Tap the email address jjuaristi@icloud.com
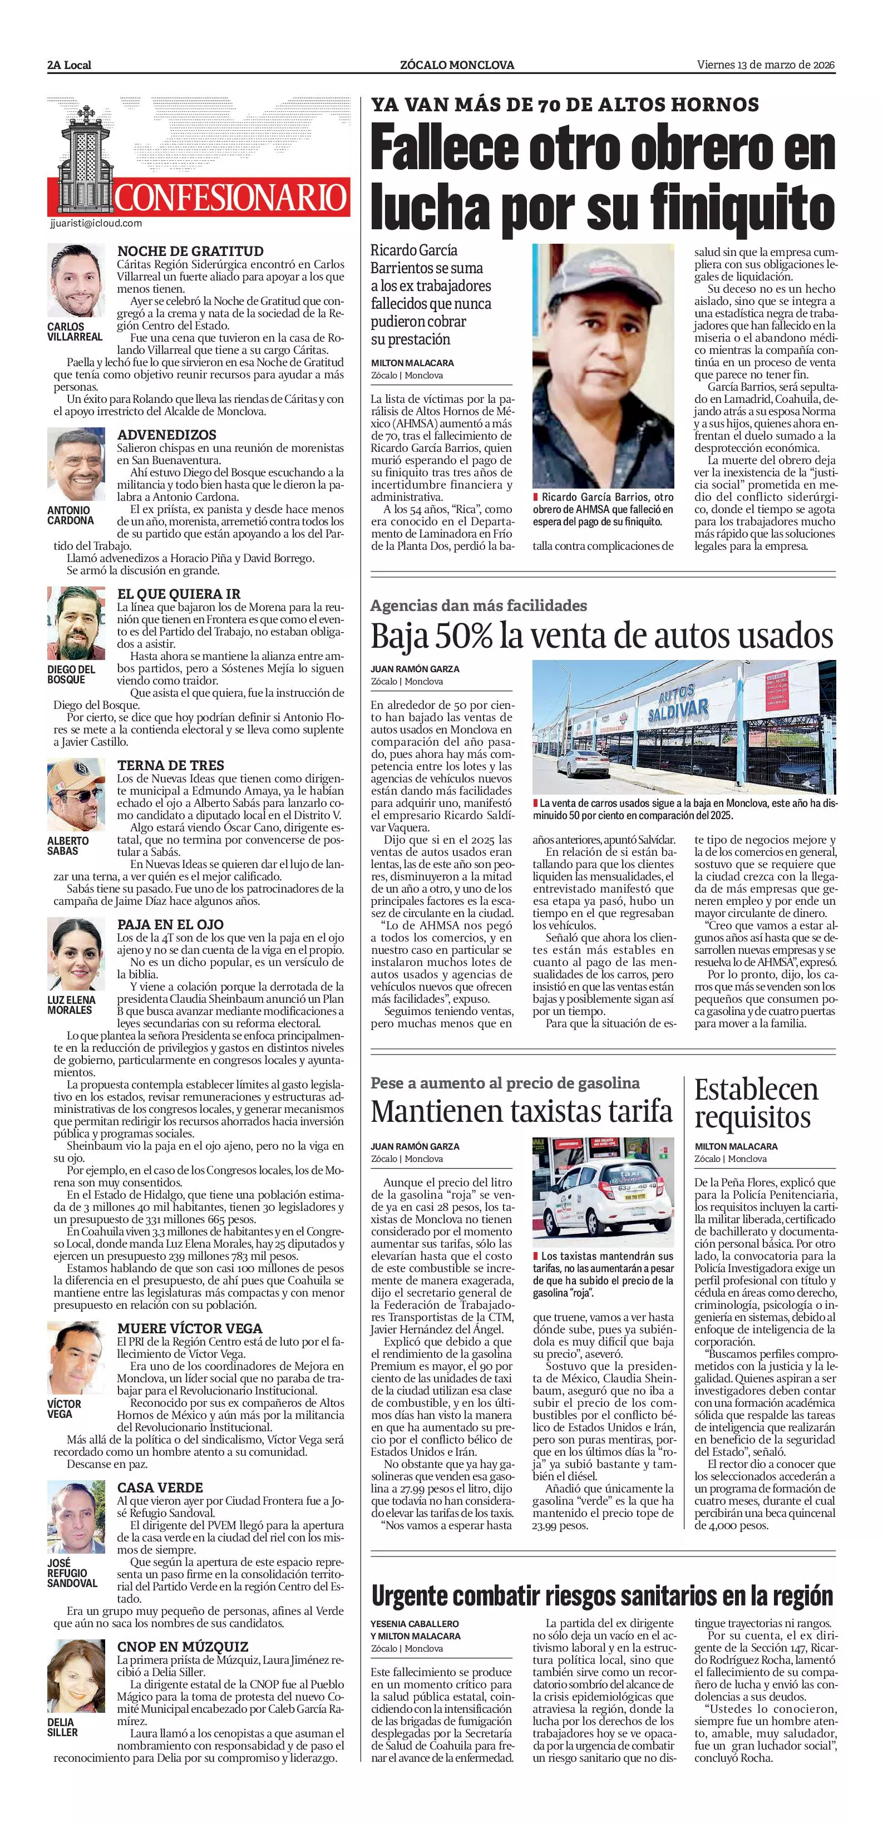(x=96, y=223)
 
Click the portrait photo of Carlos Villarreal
(x=76, y=282)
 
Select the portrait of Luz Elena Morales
(x=76, y=955)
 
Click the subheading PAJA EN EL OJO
(x=170, y=924)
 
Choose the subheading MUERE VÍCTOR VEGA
(x=190, y=1328)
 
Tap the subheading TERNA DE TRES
(x=170, y=765)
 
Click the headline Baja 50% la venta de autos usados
(x=602, y=635)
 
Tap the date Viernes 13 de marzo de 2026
(x=766, y=65)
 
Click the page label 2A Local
(x=70, y=65)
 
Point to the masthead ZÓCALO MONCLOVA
(x=457, y=65)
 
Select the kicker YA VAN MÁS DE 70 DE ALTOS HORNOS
(x=565, y=105)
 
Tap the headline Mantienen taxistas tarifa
(x=521, y=1111)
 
